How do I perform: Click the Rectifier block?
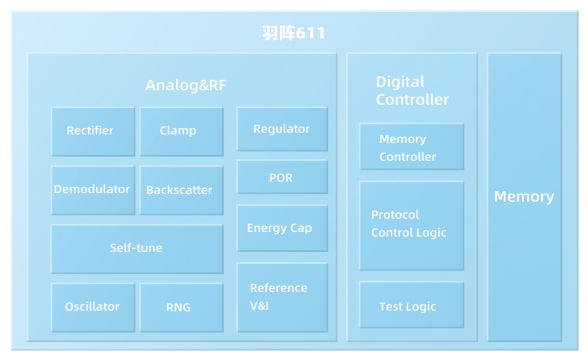pyautogui.click(x=93, y=131)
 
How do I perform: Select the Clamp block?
pyautogui.click(x=181, y=131)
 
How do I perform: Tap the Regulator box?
pyautogui.click(x=282, y=129)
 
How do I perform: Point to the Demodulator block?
pyautogui.click(x=93, y=190)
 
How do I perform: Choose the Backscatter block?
pyautogui.click(x=181, y=190)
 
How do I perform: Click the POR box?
pyautogui.click(x=282, y=177)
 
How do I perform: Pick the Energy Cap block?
pyautogui.click(x=282, y=228)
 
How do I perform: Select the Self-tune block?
pyautogui.click(x=137, y=249)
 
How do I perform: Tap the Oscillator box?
pyautogui.click(x=93, y=307)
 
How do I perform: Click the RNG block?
pyautogui.click(x=181, y=307)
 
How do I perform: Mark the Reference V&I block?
pyautogui.click(x=282, y=297)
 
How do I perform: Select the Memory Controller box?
pyautogui.click(x=412, y=146)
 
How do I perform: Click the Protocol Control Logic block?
pyautogui.click(x=412, y=226)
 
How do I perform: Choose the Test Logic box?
pyautogui.click(x=412, y=305)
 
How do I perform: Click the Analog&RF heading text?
pyautogui.click(x=186, y=86)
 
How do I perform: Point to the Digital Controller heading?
pyautogui.click(x=412, y=91)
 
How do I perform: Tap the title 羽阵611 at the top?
pyautogui.click(x=293, y=33)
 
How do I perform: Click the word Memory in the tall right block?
pyautogui.click(x=524, y=197)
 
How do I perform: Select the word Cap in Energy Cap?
pyautogui.click(x=301, y=228)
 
